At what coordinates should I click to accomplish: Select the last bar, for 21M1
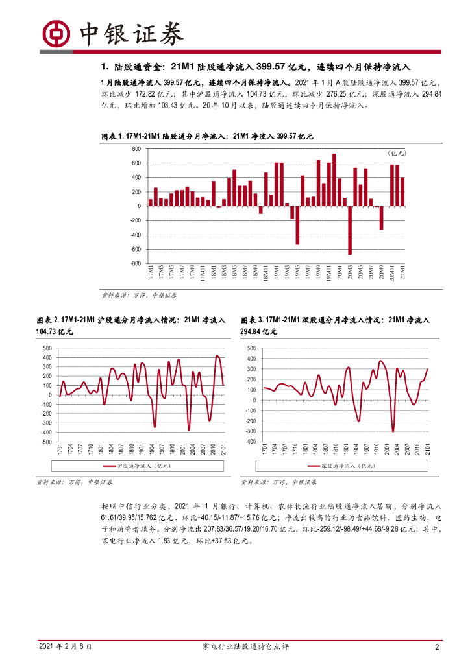point(402,191)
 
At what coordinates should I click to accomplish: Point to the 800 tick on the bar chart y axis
point(136,149)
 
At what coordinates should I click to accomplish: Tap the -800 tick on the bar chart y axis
point(135,264)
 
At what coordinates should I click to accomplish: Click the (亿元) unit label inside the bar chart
point(396,153)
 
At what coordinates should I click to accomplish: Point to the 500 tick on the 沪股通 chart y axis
point(47,348)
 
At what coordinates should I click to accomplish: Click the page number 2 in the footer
point(438,647)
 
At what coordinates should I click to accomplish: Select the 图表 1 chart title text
point(208,136)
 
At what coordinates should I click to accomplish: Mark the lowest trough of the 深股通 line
point(393,431)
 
